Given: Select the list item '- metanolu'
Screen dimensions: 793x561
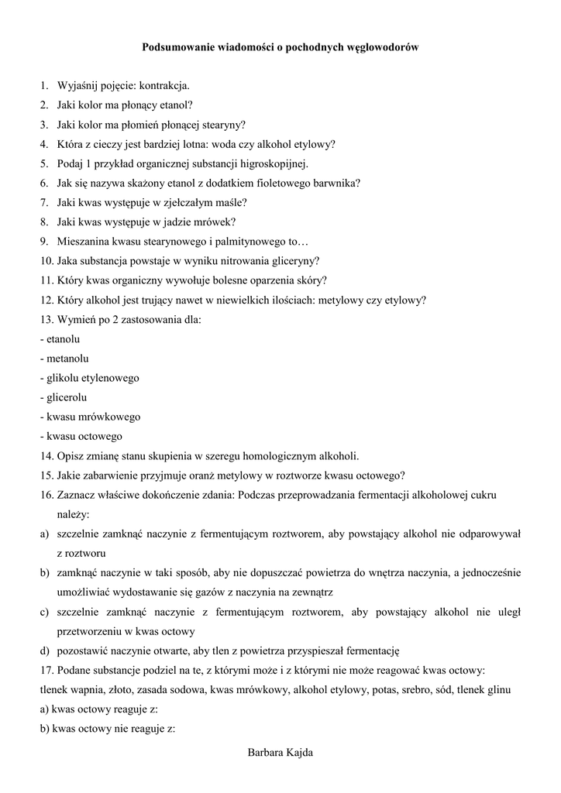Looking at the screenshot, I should (x=64, y=359).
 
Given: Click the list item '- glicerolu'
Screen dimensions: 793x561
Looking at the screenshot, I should (x=64, y=397).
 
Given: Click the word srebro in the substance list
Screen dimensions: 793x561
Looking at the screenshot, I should (x=384, y=689).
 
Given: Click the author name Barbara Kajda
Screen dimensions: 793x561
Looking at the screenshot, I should (x=280, y=753).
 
